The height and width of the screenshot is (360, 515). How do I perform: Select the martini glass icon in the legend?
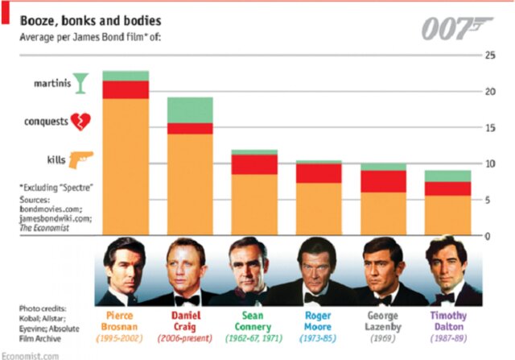79,82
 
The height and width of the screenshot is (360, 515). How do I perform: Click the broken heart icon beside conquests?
81,122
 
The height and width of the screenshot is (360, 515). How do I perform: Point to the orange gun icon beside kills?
81,159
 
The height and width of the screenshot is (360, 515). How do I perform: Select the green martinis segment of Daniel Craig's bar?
190,110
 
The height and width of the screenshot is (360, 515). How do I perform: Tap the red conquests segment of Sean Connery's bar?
255,164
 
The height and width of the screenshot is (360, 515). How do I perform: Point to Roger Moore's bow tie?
315,298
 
